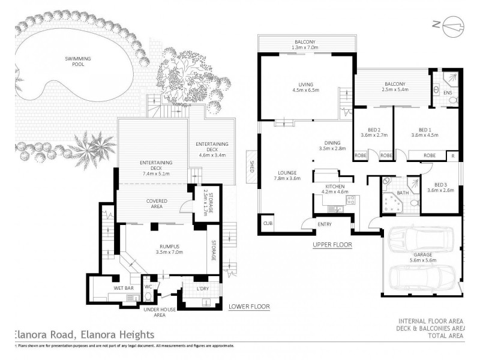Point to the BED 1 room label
(425, 133)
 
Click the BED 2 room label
(372, 133)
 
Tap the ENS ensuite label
(447, 92)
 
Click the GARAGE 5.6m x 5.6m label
(422, 257)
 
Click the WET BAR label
(122, 288)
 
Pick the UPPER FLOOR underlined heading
(332, 245)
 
